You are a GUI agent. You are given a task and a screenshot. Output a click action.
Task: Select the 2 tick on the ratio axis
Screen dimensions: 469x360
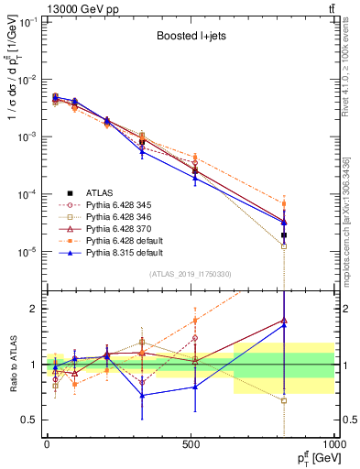pos(30,309)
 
